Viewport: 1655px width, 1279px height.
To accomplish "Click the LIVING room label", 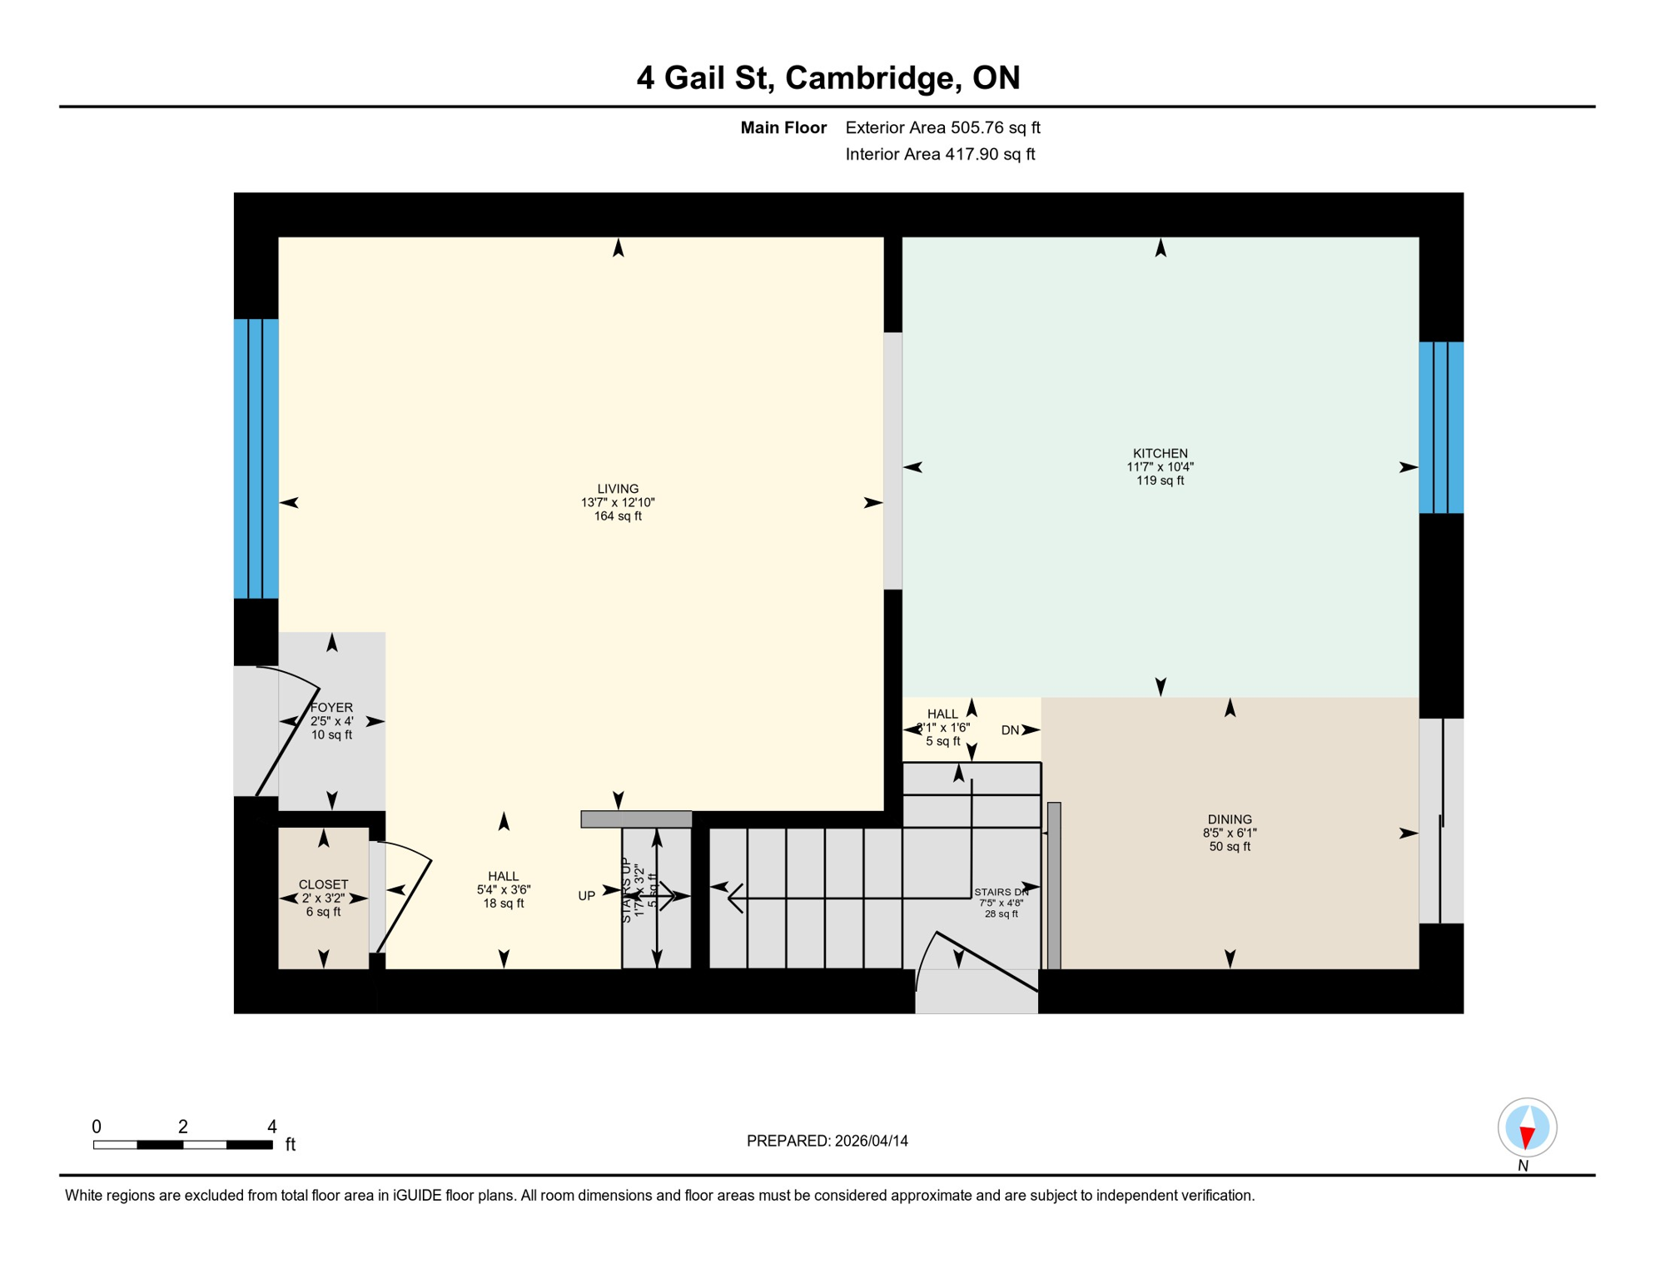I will pos(618,489).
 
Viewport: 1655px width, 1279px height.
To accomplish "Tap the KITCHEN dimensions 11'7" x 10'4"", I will pos(1160,467).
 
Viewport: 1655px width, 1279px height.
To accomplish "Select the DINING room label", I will pos(1229,819).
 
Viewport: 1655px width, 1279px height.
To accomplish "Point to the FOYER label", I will pos(331,708).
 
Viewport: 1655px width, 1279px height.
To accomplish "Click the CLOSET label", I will pos(323,884).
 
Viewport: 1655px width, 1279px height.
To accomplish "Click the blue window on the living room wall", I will pos(256,458).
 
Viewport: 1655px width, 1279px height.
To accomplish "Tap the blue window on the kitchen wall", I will pos(1440,427).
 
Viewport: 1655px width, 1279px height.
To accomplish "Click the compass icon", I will pos(1527,1127).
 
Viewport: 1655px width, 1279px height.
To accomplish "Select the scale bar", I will pos(182,1145).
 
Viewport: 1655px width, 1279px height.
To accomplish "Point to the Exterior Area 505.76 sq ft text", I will pos(942,127).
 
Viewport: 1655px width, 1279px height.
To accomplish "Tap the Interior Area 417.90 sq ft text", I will pos(940,154).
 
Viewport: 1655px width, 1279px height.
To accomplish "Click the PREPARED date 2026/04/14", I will pos(871,1141).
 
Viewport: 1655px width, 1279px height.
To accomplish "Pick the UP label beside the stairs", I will pos(587,896).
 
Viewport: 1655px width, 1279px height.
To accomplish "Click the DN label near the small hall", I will pos(1010,730).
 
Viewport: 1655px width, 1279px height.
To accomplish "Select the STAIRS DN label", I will pos(1001,892).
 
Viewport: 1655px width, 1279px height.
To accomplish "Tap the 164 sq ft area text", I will pos(618,516).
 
